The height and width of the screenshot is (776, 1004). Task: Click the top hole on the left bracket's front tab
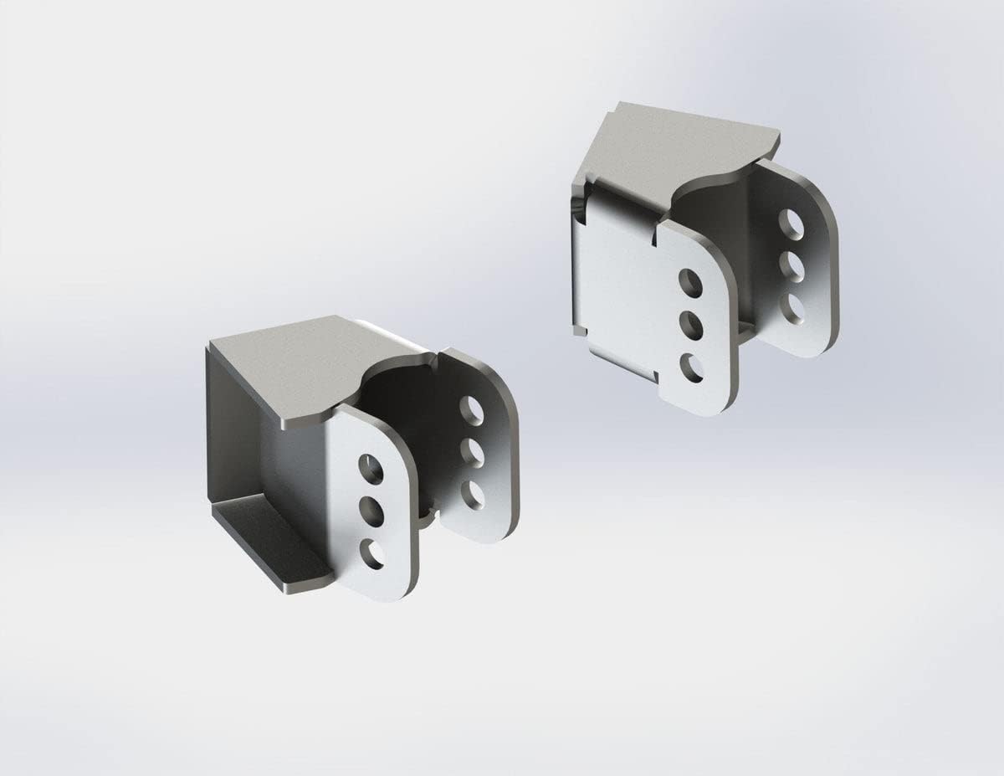(371, 469)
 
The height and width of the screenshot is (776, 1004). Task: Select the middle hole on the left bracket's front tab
(371, 509)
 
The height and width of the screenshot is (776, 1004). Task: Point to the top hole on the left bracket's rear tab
(471, 410)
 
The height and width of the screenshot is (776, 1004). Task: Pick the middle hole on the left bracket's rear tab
(472, 453)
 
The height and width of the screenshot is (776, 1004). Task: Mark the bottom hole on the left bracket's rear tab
(473, 494)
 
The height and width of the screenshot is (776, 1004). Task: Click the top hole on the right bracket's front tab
(690, 283)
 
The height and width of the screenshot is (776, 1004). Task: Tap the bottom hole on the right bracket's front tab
(692, 367)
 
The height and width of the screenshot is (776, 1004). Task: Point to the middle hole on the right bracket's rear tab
(791, 266)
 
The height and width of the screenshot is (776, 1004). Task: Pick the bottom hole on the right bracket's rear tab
(792, 308)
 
